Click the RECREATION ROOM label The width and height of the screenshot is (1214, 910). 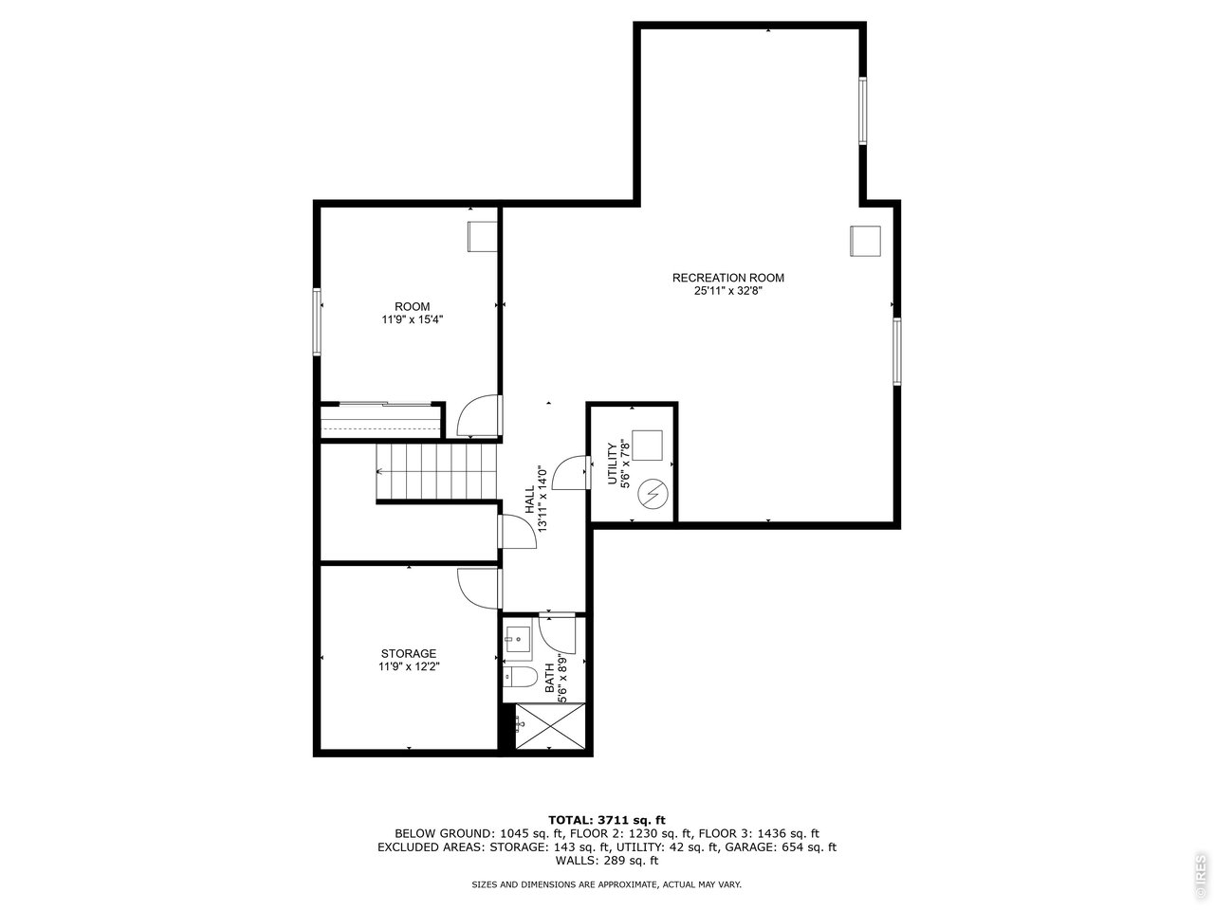pyautogui.click(x=727, y=278)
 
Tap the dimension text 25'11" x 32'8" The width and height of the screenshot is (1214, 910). pyautogui.click(x=727, y=292)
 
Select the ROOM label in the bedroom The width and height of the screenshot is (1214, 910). pyautogui.click(x=413, y=306)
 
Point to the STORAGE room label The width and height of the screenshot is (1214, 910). pyautogui.click(x=409, y=653)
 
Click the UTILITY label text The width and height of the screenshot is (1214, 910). pyautogui.click(x=613, y=463)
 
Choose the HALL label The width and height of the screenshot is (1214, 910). pyautogui.click(x=529, y=500)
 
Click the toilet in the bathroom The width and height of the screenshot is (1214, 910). pyautogui.click(x=518, y=676)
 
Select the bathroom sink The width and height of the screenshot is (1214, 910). pyautogui.click(x=517, y=641)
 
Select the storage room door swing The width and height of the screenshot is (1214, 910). pyautogui.click(x=477, y=589)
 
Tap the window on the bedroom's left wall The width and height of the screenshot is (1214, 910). pyautogui.click(x=319, y=321)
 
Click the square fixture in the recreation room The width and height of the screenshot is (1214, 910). pyautogui.click(x=865, y=240)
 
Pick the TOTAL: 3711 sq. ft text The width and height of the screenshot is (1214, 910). pyautogui.click(x=607, y=819)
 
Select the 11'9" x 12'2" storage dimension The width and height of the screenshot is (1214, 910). pyautogui.click(x=409, y=666)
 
